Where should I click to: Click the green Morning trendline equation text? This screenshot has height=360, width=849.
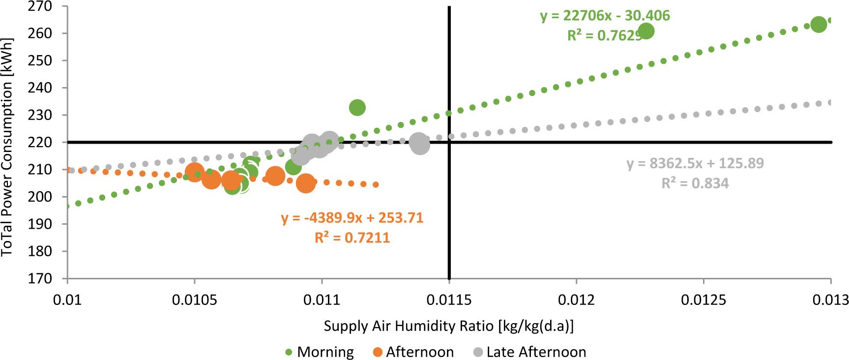click(x=605, y=16)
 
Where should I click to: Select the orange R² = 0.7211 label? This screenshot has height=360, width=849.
click(x=352, y=238)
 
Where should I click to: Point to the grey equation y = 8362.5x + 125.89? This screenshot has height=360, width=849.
click(x=695, y=164)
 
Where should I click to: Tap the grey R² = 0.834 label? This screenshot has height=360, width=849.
click(x=695, y=183)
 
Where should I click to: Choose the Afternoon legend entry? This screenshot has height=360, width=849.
click(x=413, y=352)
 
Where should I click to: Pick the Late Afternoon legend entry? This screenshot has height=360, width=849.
click(x=530, y=352)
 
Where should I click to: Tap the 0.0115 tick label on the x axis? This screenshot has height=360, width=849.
click(x=449, y=300)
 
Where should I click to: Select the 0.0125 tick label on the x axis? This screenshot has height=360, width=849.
click(x=703, y=300)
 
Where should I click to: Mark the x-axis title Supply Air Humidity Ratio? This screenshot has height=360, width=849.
click(x=448, y=326)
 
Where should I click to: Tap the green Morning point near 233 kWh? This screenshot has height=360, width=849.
click(x=357, y=108)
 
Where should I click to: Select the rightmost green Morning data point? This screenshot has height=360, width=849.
click(x=819, y=24)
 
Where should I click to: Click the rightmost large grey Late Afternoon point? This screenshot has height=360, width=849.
click(x=419, y=144)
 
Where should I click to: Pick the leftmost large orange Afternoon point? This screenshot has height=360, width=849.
click(x=195, y=172)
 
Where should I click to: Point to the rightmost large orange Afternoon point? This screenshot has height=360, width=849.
click(x=306, y=183)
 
